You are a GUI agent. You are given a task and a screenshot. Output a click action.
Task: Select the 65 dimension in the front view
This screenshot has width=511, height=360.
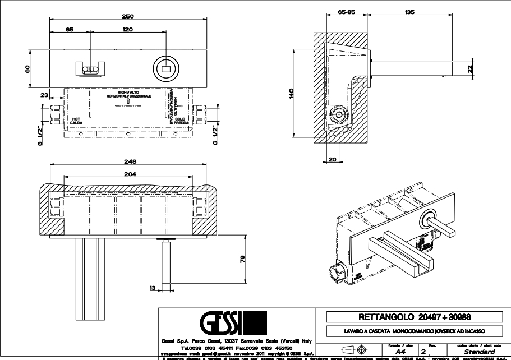coord(69,29)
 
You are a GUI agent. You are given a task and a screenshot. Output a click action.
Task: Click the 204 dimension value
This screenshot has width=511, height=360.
coord(129,175)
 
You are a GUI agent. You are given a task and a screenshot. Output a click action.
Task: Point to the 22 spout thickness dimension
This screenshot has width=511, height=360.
coord(469,68)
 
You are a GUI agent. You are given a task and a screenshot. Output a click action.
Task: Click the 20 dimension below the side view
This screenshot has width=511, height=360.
coord(332,160)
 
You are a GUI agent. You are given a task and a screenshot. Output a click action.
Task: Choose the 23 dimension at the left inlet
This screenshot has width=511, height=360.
coord(44,96)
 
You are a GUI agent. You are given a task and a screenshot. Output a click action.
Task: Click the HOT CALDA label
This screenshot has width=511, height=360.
coord(76,121)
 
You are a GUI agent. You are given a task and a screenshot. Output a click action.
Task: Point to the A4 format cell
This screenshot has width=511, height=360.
coord(393,352)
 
